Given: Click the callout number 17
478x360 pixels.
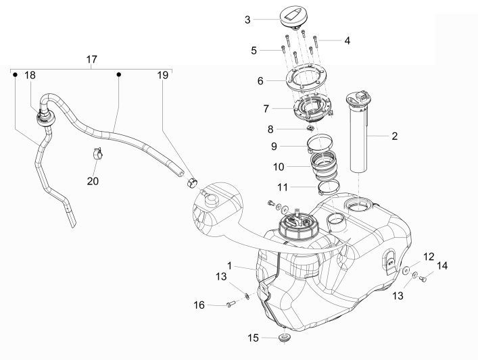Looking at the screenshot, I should pos(92,60).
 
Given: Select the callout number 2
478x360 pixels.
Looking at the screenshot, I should pos(393,135).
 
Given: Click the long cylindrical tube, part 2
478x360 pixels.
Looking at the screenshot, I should pos(363,136).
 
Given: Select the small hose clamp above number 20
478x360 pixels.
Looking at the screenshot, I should pos(97,155).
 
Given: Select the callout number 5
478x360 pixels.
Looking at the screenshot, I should pos(254,49).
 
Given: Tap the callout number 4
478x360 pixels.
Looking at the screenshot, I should pos(347,40).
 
